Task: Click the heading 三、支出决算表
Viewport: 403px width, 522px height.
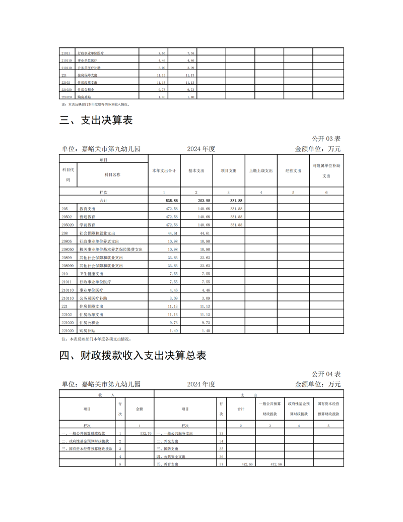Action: point(96,120)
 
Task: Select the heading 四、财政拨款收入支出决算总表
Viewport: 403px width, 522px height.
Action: point(133,356)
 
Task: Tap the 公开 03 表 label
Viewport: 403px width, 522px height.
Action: point(326,138)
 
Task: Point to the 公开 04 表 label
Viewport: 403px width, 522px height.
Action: point(326,374)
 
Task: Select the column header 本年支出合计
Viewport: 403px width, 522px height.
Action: point(164,170)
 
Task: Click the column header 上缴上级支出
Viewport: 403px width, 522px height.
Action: point(261,170)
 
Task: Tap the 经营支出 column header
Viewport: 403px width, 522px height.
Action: point(293,170)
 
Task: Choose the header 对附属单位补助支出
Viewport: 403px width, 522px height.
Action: point(326,170)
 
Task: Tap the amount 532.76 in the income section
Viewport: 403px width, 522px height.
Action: point(146,433)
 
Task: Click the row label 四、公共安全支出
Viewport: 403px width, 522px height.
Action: point(171,456)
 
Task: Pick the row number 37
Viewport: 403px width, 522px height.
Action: point(221,464)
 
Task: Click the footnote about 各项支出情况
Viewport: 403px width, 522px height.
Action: point(96,339)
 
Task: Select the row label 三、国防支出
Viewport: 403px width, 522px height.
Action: point(168,448)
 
